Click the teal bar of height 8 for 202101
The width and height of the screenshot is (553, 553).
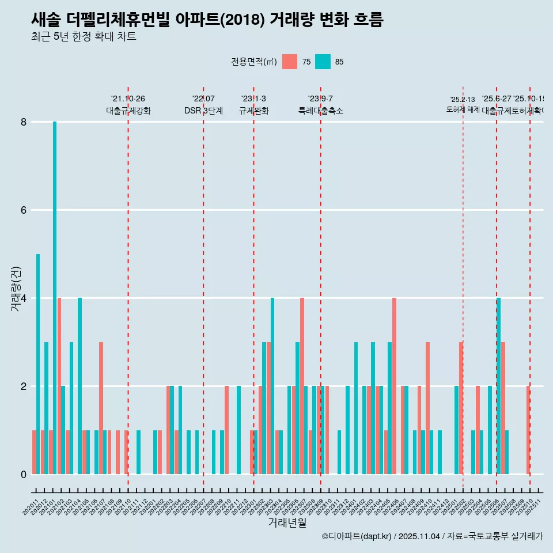pos(55,298)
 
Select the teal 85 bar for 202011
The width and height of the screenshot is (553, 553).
pos(38,364)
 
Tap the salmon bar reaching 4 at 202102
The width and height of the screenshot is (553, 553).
pos(59,386)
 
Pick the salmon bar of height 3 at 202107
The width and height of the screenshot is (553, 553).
pos(101,408)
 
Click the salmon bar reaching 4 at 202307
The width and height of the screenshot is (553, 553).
pos(302,386)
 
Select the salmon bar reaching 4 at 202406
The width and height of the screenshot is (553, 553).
pos(394,386)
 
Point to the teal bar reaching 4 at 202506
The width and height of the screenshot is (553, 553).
pos(498,386)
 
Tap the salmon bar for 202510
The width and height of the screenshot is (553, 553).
pos(528,430)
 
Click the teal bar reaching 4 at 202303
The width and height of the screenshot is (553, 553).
pos(272,386)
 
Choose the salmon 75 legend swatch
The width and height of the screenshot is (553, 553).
pos(290,62)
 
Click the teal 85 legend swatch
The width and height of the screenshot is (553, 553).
pos(323,62)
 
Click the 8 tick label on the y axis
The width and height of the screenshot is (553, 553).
pos(24,122)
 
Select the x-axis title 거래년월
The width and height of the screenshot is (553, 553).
pos(287,522)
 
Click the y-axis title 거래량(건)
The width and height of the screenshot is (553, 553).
pos(16,289)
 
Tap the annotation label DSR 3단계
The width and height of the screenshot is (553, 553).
pos(203,111)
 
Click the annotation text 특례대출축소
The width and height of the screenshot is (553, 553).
pos(320,111)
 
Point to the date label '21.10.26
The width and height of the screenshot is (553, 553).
pos(128,99)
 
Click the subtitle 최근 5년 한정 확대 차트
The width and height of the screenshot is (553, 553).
pos(84,37)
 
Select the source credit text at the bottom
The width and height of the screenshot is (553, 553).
pos(432,536)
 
